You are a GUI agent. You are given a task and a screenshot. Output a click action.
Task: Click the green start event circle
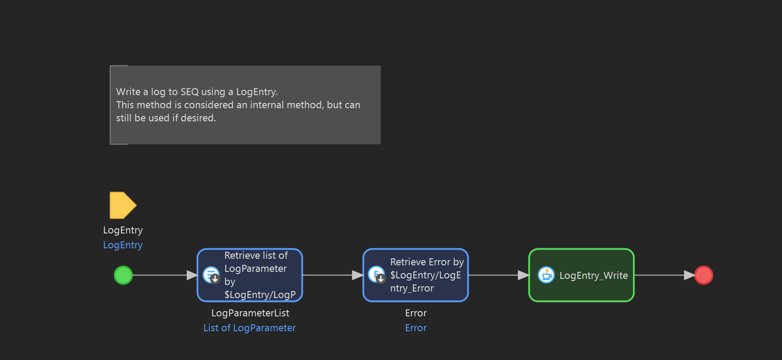123,275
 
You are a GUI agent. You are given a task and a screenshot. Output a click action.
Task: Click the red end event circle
703,275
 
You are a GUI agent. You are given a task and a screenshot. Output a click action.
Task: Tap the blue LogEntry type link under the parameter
123,245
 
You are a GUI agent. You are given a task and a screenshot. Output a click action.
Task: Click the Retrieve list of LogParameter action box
250,275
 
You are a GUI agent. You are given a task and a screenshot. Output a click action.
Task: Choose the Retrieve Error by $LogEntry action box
415,275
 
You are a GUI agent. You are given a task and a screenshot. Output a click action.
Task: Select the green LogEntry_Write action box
581,275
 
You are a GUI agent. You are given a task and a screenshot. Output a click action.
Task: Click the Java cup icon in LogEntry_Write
546,275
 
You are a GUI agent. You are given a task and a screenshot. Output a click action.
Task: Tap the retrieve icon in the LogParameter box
212,275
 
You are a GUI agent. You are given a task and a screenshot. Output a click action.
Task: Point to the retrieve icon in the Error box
377,275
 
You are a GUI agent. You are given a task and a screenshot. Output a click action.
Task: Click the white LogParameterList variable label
250,313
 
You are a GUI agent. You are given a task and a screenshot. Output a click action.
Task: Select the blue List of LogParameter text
250,328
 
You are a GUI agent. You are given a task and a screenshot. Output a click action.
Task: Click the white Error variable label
416,313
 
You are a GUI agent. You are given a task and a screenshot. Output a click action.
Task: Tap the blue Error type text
416,328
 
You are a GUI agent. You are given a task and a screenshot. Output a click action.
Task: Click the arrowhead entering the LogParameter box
192,275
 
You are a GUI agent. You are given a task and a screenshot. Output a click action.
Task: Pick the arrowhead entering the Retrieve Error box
358,275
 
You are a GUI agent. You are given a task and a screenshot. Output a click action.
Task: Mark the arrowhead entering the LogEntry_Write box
523,275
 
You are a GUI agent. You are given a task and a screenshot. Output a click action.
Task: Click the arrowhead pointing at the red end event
689,275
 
